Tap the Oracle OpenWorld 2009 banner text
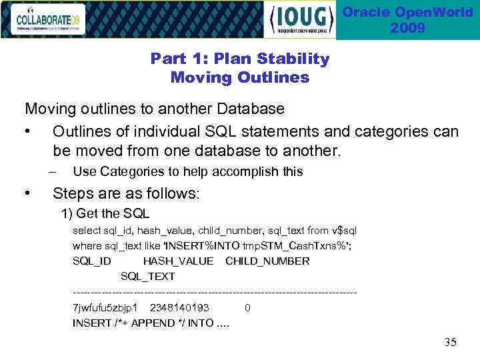[407, 20]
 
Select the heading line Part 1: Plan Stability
[240, 59]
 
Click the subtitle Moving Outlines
[240, 77]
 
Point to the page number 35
[450, 343]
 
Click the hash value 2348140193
[179, 308]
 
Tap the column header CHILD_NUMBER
[267, 261]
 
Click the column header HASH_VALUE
[178, 261]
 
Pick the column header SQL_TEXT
[147, 276]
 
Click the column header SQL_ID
[91, 261]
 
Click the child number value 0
[247, 308]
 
